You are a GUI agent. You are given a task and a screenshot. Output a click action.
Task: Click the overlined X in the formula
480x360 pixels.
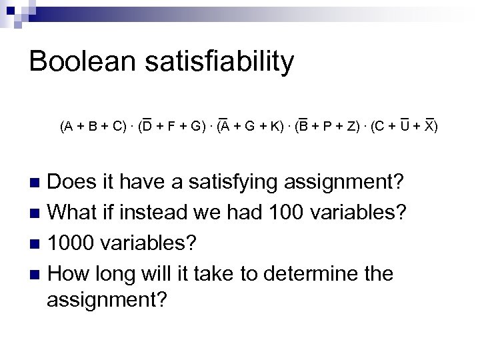pyautogui.click(x=429, y=126)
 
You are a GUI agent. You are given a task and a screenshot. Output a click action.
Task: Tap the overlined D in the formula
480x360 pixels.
pyautogui.click(x=147, y=126)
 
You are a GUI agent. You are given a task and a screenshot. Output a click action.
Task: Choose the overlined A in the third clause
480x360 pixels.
pyautogui.click(x=225, y=126)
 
